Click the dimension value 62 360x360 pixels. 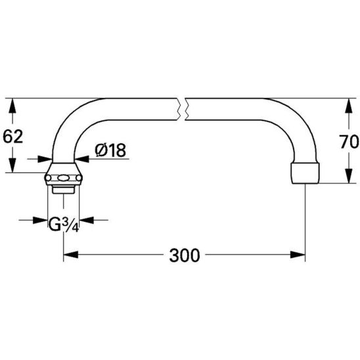coord(13,137)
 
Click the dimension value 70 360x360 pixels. coord(349,142)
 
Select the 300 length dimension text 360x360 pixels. coord(185,256)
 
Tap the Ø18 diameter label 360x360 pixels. coord(110,150)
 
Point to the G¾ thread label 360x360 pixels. coord(64,224)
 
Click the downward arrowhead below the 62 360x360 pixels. coord(12,165)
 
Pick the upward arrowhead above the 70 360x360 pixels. coord(349,106)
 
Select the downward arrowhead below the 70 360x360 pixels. coord(349,176)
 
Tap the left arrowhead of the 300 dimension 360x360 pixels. coord(71,255)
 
